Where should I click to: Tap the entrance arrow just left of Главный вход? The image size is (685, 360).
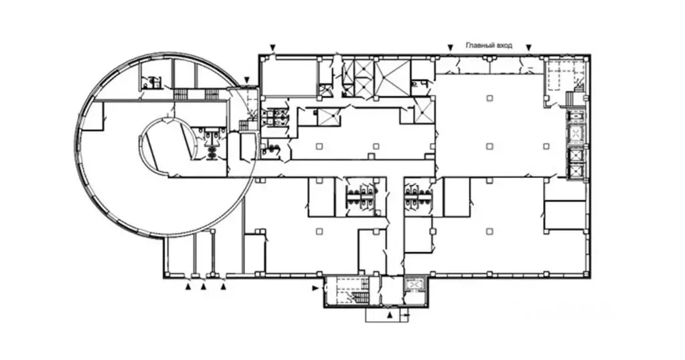(450, 47)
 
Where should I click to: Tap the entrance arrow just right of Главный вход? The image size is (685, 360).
(528, 47)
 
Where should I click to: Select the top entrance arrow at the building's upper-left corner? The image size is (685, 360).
(272, 47)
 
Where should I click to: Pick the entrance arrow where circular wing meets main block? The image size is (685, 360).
(247, 80)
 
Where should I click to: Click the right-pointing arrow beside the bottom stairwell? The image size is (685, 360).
(315, 288)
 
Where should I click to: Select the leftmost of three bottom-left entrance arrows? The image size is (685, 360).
(188, 286)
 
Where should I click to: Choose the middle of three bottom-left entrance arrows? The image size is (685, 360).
(204, 286)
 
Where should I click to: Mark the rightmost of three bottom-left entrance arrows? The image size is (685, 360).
(224, 286)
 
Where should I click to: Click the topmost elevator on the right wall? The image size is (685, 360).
(575, 134)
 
